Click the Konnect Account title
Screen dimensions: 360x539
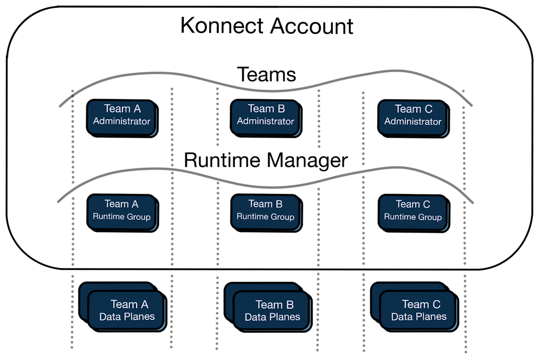[x=267, y=26]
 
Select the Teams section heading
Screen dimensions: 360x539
[x=266, y=74]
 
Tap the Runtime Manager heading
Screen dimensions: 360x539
[x=266, y=160]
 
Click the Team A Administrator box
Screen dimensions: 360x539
[x=122, y=116]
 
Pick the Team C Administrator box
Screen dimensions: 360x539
[x=413, y=116]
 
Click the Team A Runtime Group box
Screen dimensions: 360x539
[x=122, y=211]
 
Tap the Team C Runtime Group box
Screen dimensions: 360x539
[x=413, y=211]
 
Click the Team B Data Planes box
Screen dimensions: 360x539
[x=272, y=311]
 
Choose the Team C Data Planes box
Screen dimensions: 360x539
[x=419, y=311]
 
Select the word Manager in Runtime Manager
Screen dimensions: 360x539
[x=308, y=160]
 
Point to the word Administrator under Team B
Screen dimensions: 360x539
[x=265, y=122]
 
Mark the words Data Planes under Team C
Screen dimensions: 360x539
[x=419, y=317]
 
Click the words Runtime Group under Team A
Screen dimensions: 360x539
[x=122, y=217]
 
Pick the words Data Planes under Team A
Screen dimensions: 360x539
[x=127, y=317]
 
